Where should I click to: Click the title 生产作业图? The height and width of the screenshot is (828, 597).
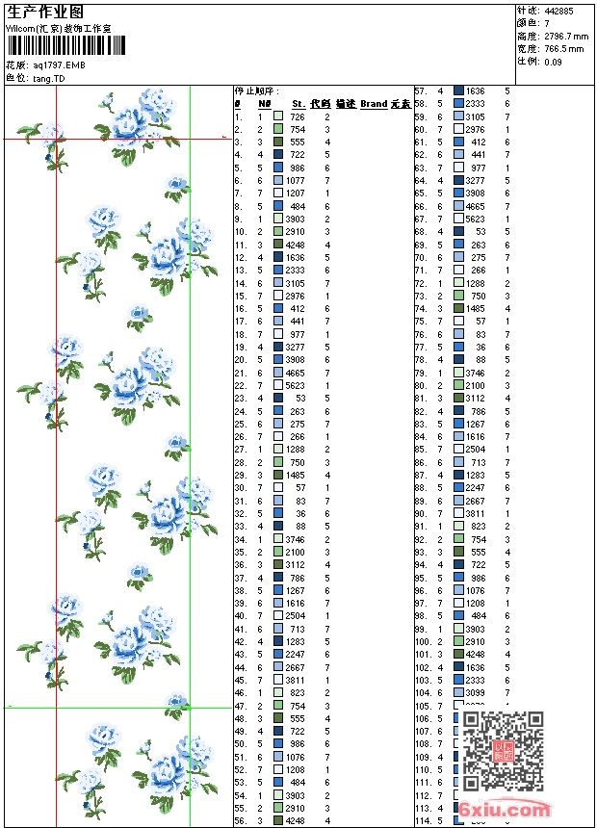45,12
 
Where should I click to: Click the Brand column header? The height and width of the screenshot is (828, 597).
374,103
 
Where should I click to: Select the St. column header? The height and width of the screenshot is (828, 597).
298,103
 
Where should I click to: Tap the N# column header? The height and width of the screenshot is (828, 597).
265,103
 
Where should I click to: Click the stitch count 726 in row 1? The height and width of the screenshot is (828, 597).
298,116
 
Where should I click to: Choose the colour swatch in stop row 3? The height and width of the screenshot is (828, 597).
278,142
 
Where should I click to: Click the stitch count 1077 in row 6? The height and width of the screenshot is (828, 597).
295,180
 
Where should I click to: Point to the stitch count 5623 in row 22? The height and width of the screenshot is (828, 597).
295,385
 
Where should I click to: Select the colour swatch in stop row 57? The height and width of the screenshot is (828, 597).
458,91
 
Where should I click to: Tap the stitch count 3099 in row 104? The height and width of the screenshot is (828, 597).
476,692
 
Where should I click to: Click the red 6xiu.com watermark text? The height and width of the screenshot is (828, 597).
504,810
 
